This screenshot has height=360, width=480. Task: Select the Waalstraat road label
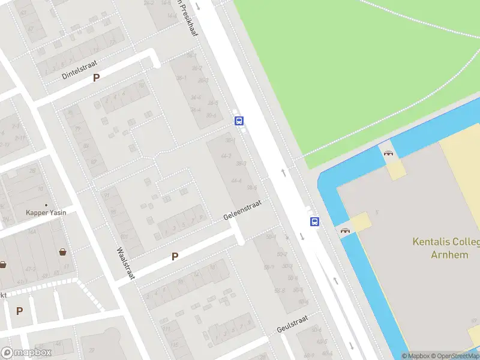tap(126, 263)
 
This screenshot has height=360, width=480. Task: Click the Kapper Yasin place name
tap(46, 212)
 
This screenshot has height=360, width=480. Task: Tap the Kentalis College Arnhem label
tap(446, 248)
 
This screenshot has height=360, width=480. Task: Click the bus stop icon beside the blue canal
tap(314, 221)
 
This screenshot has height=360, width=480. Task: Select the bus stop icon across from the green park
tap(239, 121)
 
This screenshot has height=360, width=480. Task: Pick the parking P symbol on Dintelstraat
tap(95, 77)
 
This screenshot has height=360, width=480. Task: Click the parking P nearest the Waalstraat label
tap(175, 256)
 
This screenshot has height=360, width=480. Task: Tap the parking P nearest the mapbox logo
tap(19, 311)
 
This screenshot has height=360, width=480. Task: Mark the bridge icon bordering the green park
tap(388, 152)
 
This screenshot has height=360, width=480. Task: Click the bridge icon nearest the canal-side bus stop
tap(345, 230)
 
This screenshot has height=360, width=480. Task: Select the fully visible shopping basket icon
tap(62, 252)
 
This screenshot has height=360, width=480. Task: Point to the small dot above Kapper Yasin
tap(46, 205)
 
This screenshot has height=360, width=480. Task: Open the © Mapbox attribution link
tap(416, 356)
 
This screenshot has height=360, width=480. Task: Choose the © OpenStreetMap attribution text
tap(455, 356)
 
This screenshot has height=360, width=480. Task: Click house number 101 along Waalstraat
tap(124, 236)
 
